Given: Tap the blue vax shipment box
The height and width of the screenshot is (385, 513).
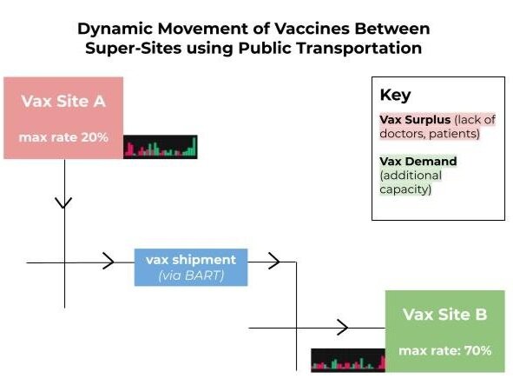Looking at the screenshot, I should pyautogui.click(x=191, y=267).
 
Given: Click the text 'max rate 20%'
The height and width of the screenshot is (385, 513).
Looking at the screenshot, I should pyautogui.click(x=63, y=136).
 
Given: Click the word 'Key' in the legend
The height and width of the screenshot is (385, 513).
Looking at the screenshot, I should pyautogui.click(x=395, y=96).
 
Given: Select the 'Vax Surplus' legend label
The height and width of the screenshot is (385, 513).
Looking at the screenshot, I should pyautogui.click(x=412, y=119).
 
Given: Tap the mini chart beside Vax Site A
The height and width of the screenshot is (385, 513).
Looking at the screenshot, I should pyautogui.click(x=160, y=147).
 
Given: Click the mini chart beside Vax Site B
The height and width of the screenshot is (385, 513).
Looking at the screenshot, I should pyautogui.click(x=348, y=360).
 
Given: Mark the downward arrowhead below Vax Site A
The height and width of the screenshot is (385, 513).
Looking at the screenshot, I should pyautogui.click(x=64, y=203).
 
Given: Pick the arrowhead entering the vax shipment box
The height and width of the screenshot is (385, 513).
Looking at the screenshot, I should pyautogui.click(x=110, y=261).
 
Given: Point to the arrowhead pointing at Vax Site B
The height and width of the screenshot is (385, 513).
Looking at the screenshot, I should pyautogui.click(x=343, y=328).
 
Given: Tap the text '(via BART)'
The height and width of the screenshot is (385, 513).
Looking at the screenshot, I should pyautogui.click(x=191, y=275).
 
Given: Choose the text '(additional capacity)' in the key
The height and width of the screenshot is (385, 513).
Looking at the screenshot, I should pyautogui.click(x=411, y=182).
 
